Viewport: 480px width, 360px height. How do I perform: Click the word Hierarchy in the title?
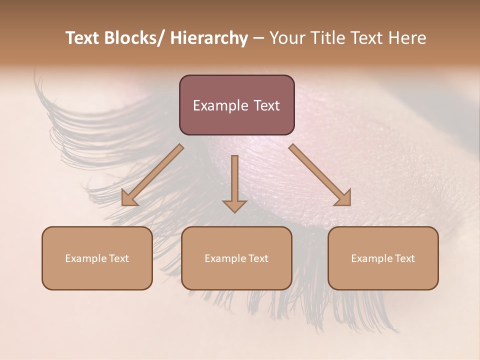coord(209,38)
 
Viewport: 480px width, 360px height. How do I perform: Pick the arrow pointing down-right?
coord(320,175)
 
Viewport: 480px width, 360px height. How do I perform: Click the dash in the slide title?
coord(258,38)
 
